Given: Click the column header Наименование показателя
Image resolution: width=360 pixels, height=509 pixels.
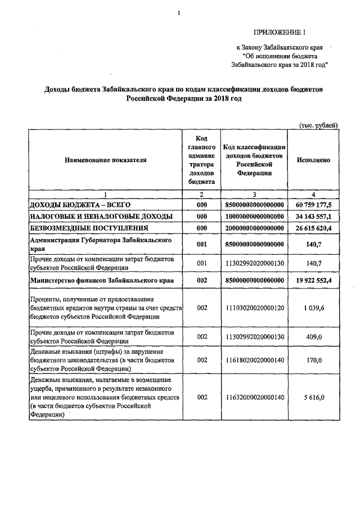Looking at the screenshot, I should pos(105,160).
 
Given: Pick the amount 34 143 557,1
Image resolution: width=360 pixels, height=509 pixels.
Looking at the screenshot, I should pos(313,217).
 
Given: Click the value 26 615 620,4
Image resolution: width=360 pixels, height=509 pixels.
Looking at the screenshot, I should pos(313,228).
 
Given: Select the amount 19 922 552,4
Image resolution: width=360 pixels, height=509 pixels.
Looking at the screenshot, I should pos(313,280).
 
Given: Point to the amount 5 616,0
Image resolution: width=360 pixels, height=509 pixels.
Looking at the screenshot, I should pos(313,397).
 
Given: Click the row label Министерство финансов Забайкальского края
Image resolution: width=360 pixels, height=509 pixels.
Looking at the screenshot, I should pos(101,280).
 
